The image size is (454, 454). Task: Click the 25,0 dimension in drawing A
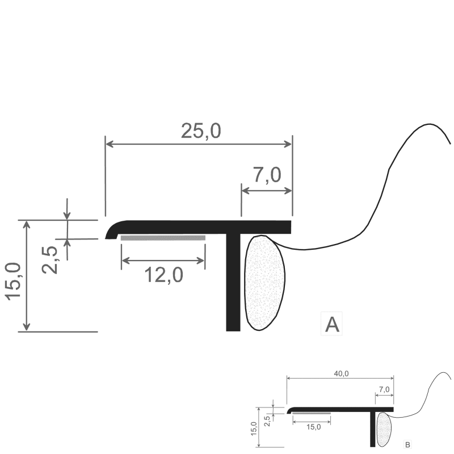tap(201, 131)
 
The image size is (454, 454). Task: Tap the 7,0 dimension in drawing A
tap(267, 175)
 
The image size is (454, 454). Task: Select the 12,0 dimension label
tap(163, 275)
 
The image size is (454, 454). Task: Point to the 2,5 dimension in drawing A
tap(50, 260)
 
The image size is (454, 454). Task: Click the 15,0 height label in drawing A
tap(13, 281)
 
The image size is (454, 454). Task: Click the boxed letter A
tap(332, 324)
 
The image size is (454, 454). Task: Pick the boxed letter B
tap(407, 445)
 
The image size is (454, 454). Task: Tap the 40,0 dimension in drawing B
tap(342, 374)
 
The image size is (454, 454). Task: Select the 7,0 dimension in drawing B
tap(384, 390)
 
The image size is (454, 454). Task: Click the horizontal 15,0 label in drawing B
tap(314, 427)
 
